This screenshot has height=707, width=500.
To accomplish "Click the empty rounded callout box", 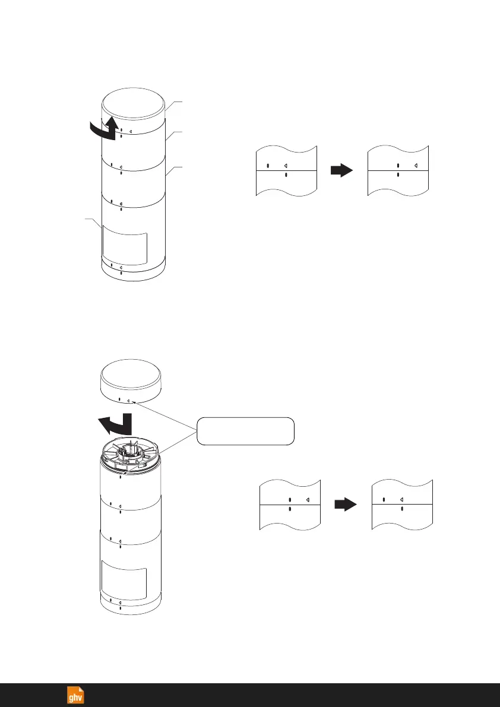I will point(245,431).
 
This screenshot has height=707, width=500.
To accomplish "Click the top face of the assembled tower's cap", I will point(132,102).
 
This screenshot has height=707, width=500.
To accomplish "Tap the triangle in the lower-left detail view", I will point(308,500).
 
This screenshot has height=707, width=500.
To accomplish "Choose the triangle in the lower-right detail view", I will point(402,500).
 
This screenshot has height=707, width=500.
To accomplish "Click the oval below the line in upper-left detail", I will point(286,176).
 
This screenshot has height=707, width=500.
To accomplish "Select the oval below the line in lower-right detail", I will point(402,509).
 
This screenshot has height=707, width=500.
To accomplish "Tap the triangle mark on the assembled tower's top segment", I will point(130,131).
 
